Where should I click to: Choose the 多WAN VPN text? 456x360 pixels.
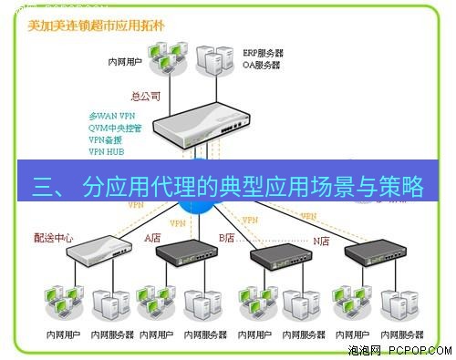(x=111, y=118)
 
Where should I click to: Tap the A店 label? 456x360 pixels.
(x=152, y=238)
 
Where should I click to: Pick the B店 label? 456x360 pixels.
(x=226, y=238)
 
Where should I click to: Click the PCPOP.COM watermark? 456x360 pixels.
(x=402, y=349)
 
